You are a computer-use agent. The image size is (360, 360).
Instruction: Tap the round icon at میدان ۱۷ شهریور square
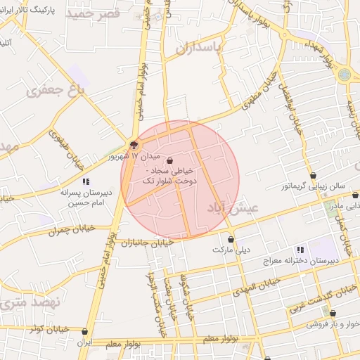(x=134, y=145)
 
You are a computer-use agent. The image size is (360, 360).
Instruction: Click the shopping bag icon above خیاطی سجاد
(x=171, y=161)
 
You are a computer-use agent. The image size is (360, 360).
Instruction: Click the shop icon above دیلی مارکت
(x=231, y=239)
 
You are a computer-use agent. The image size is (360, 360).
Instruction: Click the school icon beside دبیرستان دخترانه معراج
(x=300, y=250)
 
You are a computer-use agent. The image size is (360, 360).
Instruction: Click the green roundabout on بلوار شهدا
(x=344, y=74)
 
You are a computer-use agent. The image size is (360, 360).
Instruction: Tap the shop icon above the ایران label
(x=85, y=331)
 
